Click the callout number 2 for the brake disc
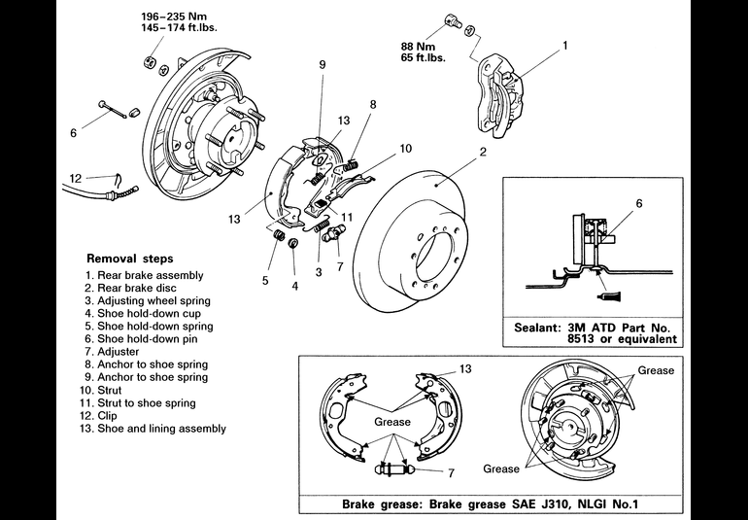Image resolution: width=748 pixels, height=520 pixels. coord(482,153)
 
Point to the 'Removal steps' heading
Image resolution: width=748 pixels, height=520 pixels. coord(130,260)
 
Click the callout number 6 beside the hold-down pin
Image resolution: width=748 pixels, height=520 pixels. coord(72,133)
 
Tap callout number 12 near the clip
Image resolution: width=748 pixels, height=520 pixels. coord(75,177)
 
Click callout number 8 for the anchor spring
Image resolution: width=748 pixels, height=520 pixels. coord(372,104)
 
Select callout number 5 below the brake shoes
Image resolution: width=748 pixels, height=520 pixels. coord(264,280)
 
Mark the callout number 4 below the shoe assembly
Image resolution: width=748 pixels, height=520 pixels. coord(295,286)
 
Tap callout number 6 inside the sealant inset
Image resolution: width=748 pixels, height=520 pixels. coord(639,204)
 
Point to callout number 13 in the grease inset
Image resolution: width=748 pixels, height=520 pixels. coord(465,369)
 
